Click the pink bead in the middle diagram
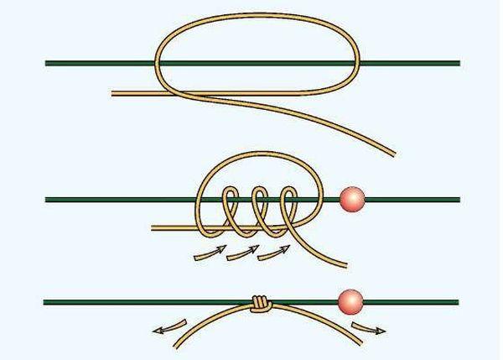(x=352, y=199)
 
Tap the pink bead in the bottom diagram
(x=350, y=300)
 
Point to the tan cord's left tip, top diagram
(x=113, y=92)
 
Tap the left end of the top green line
(x=47, y=63)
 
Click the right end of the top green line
(x=459, y=63)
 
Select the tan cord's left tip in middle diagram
(x=152, y=228)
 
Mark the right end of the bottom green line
(x=458, y=300)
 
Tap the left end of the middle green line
(x=47, y=200)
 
